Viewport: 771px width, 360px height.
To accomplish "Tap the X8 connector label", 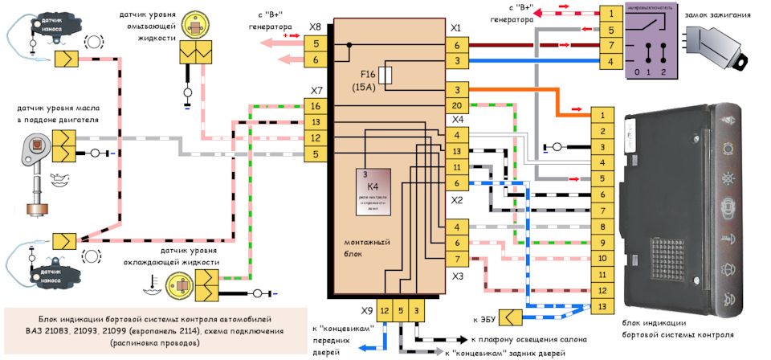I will (316, 27).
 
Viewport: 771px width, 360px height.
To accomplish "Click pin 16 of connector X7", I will (316, 106).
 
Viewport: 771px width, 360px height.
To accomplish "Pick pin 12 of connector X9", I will (385, 310).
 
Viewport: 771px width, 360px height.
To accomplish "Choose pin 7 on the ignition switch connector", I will (612, 46).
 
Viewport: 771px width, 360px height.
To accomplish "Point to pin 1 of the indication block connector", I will (602, 116).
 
